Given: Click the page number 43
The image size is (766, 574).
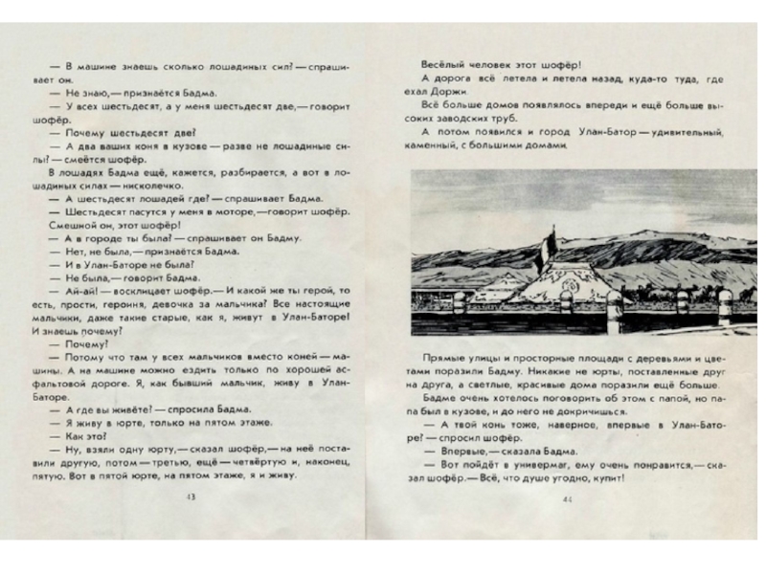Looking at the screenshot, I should tap(191, 497).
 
